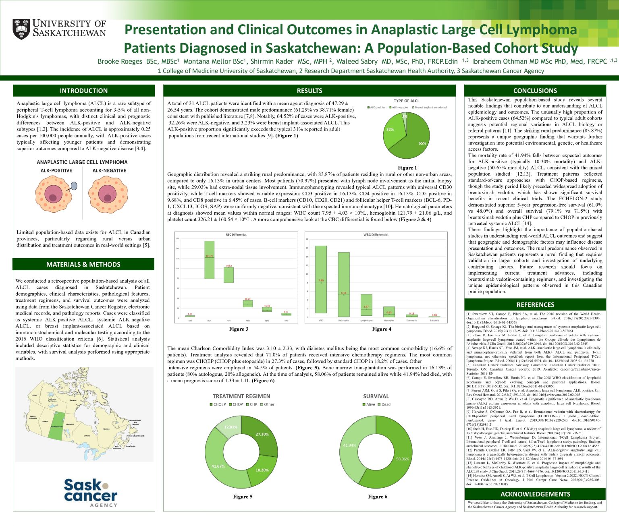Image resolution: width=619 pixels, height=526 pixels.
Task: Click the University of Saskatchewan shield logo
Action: [x=21, y=29]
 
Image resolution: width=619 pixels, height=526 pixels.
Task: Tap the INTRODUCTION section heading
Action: [x=83, y=91]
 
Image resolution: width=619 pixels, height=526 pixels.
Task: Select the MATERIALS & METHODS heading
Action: [x=83, y=264]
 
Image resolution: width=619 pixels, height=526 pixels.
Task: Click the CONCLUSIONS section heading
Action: [x=535, y=91]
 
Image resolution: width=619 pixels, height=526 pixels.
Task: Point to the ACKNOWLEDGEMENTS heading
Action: [x=535, y=494]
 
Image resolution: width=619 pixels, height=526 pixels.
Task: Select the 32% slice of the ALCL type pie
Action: [x=393, y=129]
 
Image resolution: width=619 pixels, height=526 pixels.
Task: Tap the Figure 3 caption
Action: [x=239, y=329]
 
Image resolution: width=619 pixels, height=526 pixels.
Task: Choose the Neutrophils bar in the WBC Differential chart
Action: [x=344, y=284]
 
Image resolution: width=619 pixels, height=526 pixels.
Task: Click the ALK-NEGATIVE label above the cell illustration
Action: [x=109, y=170]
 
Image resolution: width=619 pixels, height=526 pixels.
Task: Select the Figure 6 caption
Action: [x=378, y=497]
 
